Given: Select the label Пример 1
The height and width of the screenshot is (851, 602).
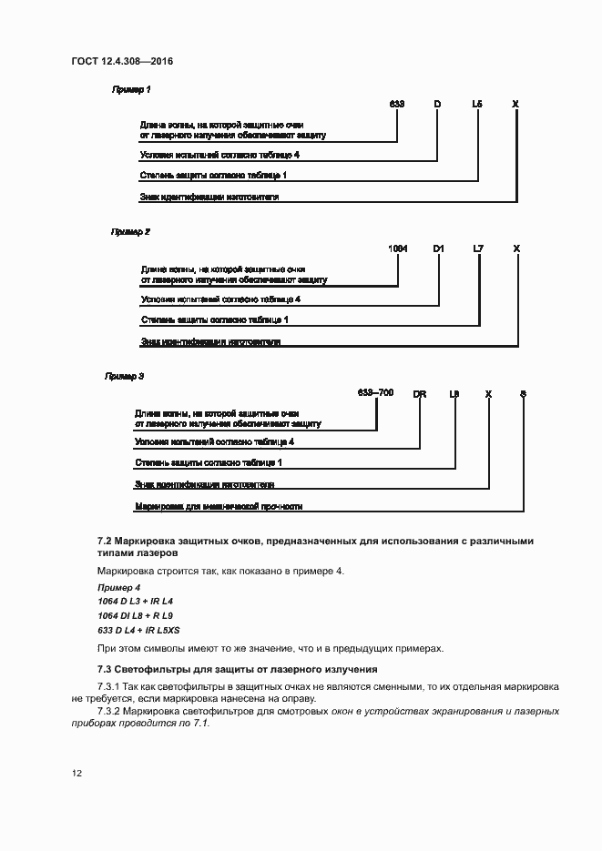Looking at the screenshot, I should click(x=131, y=89).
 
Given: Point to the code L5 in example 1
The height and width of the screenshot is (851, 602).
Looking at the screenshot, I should click(x=477, y=104).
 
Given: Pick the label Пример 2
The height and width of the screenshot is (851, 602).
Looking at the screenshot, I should click(x=130, y=232).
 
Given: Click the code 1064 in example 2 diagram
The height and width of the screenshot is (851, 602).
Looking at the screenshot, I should click(x=398, y=248).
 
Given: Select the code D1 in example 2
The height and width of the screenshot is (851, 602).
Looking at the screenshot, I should click(x=438, y=248).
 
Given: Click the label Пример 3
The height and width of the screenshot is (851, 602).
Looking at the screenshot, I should click(x=125, y=375).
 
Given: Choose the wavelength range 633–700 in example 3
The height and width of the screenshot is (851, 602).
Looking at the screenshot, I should click(x=376, y=392).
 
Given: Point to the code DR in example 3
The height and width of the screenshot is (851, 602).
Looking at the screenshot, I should click(x=420, y=393).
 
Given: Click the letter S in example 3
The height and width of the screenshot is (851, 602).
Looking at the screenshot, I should click(x=523, y=393).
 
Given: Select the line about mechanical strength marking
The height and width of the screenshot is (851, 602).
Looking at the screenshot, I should click(x=219, y=506).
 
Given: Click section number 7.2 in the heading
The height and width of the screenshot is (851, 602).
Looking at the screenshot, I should click(x=105, y=541).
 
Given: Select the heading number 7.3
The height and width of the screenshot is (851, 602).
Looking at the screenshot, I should click(x=105, y=670).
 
